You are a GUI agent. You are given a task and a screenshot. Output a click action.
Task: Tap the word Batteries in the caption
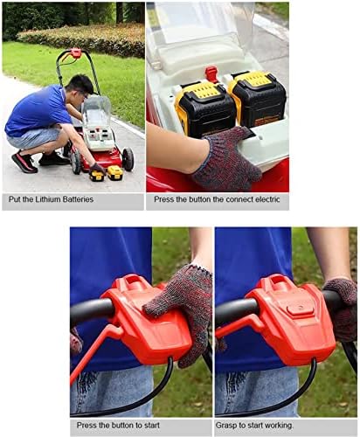78,199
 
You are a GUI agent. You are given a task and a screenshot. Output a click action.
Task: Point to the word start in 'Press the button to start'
150,426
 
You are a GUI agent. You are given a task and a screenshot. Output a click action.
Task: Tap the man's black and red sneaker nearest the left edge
24,162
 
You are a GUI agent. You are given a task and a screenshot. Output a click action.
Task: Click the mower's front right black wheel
128,159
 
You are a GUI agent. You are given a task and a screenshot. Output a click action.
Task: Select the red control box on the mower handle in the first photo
76,53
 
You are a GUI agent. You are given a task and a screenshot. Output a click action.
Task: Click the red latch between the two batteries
211,74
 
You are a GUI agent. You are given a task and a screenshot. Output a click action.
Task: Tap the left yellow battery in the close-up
204,109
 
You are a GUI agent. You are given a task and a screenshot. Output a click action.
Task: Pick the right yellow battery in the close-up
257,98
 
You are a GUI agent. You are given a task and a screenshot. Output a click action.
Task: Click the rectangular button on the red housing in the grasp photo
300,309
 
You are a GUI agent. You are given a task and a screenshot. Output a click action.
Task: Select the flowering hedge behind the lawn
81,39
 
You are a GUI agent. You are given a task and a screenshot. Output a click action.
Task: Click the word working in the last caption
278,426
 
